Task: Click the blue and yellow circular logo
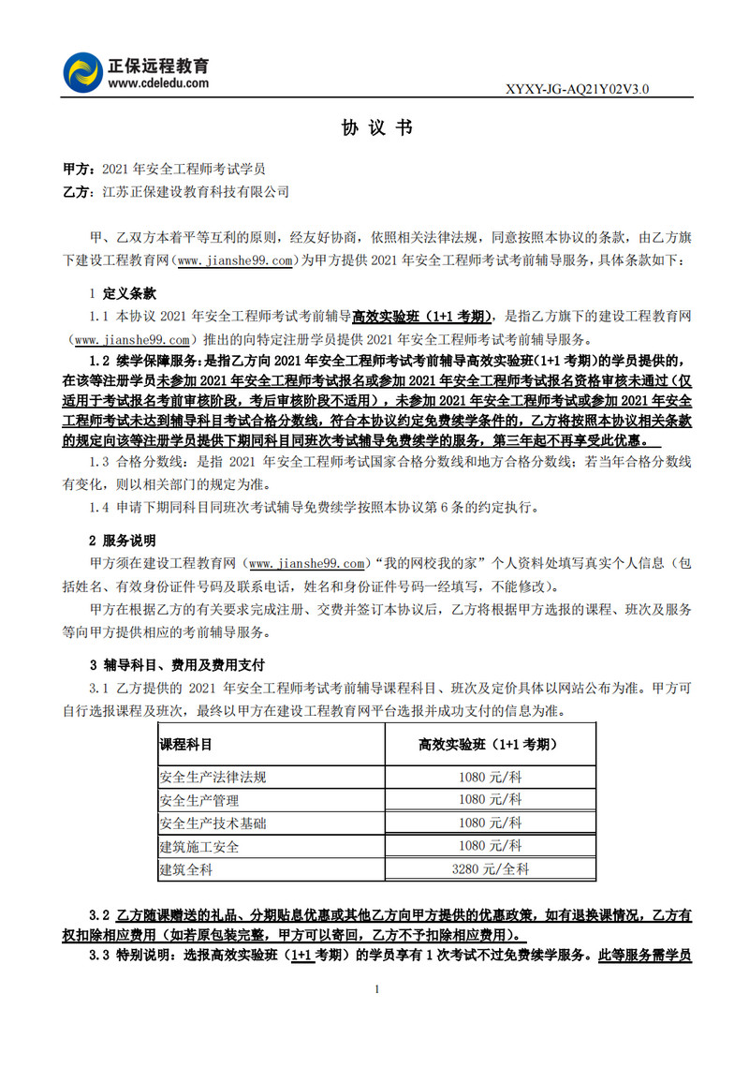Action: coord(83,72)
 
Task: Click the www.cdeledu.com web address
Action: coord(157,83)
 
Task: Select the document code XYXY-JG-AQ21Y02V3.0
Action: coord(577,89)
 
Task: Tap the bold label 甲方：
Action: coord(78,170)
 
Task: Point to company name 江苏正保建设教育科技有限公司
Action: coord(196,192)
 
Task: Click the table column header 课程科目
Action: coord(185,745)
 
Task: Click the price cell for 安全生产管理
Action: coord(490,800)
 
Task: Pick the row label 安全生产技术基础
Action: coord(213,823)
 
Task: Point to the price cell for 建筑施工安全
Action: coord(490,846)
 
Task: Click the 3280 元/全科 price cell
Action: coord(490,869)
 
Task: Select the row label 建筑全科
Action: coord(186,869)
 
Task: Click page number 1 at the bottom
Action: coord(375,990)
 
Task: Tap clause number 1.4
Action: coord(99,508)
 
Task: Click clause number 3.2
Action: coord(99,913)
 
